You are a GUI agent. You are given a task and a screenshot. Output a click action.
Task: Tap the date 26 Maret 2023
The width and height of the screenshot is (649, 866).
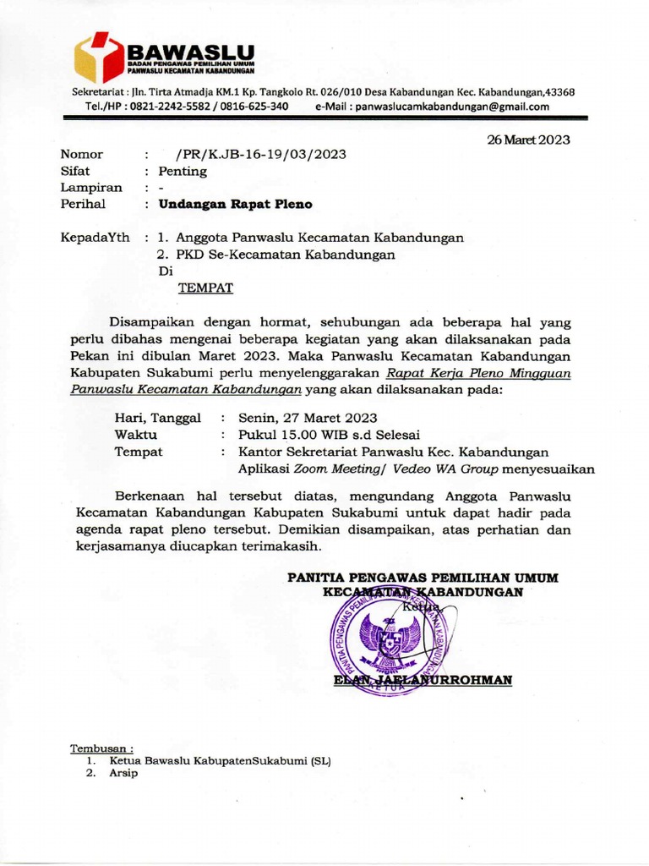pyautogui.click(x=528, y=140)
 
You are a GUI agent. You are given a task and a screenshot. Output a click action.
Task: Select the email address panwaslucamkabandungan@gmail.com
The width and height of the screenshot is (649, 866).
pyautogui.click(x=452, y=107)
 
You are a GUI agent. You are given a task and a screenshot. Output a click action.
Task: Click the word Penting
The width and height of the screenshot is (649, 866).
pyautogui.click(x=183, y=171)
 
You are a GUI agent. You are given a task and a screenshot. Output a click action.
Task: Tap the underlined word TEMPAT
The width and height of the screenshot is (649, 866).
pyautogui.click(x=205, y=288)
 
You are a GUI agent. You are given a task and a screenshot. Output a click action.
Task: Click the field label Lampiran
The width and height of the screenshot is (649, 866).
pyautogui.click(x=91, y=188)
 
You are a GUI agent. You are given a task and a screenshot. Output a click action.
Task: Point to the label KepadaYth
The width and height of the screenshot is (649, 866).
pyautogui.click(x=95, y=238)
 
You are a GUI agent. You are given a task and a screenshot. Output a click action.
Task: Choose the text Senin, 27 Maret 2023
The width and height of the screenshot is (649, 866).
pyautogui.click(x=308, y=418)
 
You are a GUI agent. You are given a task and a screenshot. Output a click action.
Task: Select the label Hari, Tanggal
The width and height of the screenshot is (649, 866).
pyautogui.click(x=157, y=418)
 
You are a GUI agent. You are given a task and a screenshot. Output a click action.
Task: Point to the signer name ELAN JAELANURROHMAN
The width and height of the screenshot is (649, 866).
pyautogui.click(x=423, y=680)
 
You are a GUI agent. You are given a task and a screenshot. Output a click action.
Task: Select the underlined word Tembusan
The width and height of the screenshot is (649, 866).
pyautogui.click(x=101, y=748)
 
